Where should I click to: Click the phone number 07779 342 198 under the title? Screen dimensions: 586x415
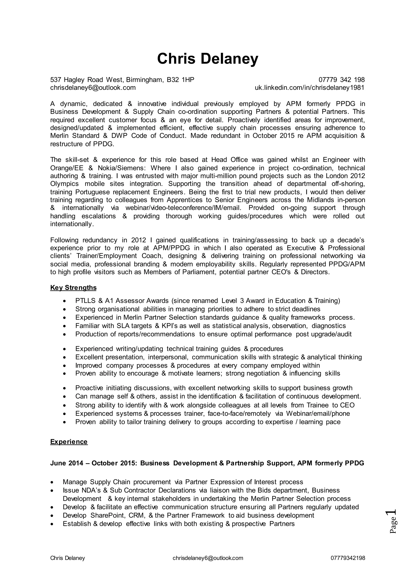tap(341, 80)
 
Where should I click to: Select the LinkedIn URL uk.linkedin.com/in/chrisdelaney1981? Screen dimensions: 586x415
tap(309, 88)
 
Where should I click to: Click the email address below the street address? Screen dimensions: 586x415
tap(93, 88)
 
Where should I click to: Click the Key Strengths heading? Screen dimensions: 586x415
tap(73, 288)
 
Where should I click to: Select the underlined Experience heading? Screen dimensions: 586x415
tap(69, 442)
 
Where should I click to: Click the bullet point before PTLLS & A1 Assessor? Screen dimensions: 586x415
tap(65, 301)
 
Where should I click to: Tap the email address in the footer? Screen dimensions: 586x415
tap(208, 558)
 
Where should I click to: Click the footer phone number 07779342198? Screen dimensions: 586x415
tap(348, 558)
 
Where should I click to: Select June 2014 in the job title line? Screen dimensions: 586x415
tap(67, 463)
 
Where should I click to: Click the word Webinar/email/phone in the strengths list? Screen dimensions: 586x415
tap(318, 413)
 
